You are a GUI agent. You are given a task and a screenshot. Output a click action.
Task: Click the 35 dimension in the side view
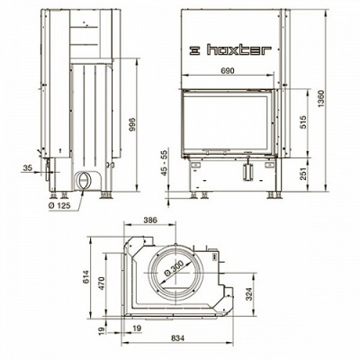coord(27,168)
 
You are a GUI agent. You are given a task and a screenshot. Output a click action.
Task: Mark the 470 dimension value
coord(103,281)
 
